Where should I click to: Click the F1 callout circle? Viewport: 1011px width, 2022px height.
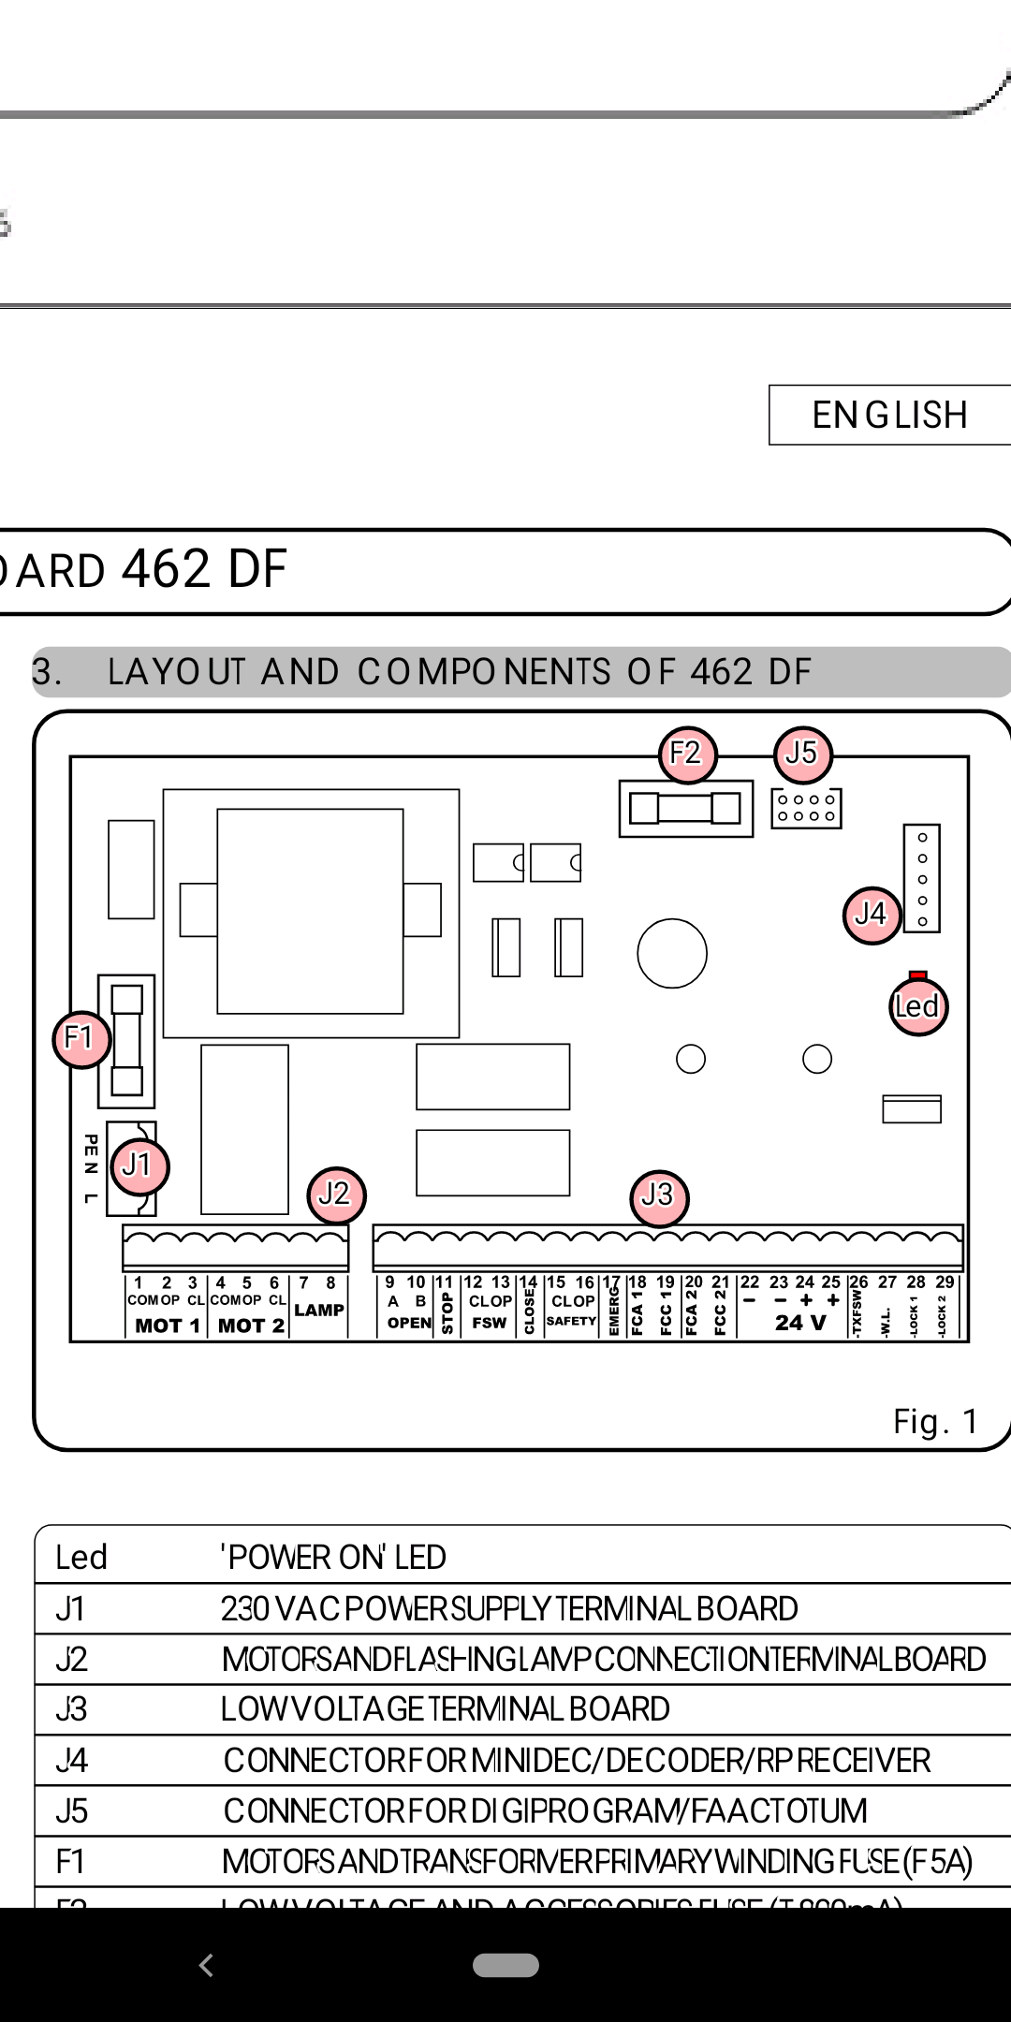(81, 1039)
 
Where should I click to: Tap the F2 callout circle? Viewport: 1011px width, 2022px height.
(687, 755)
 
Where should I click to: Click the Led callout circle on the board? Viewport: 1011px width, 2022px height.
(917, 1007)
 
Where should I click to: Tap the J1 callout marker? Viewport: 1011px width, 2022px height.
(139, 1166)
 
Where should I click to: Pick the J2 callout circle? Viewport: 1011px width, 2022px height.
(336, 1194)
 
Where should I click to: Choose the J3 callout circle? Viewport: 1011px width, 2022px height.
(659, 1196)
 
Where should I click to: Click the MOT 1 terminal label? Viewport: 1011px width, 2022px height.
(167, 1326)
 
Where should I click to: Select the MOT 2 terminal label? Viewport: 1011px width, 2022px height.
(251, 1326)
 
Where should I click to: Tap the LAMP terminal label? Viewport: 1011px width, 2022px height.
(319, 1310)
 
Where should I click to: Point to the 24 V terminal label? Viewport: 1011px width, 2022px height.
(800, 1323)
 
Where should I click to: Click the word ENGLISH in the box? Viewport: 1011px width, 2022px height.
(889, 415)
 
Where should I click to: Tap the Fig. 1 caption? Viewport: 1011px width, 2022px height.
(935, 1422)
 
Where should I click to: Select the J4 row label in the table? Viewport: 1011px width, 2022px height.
(72, 1760)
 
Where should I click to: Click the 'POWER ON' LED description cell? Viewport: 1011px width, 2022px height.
(333, 1557)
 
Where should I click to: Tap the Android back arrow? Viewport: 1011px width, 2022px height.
(207, 1965)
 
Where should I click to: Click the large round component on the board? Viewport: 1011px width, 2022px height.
(671, 953)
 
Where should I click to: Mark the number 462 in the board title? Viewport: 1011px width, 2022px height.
(166, 569)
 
